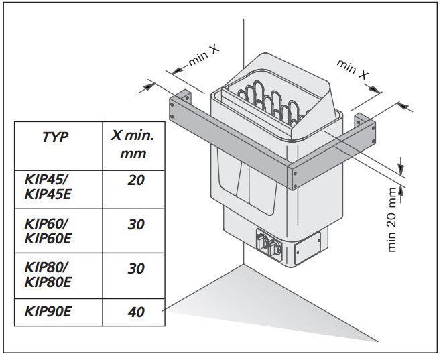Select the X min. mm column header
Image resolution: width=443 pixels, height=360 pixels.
coord(132,143)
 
